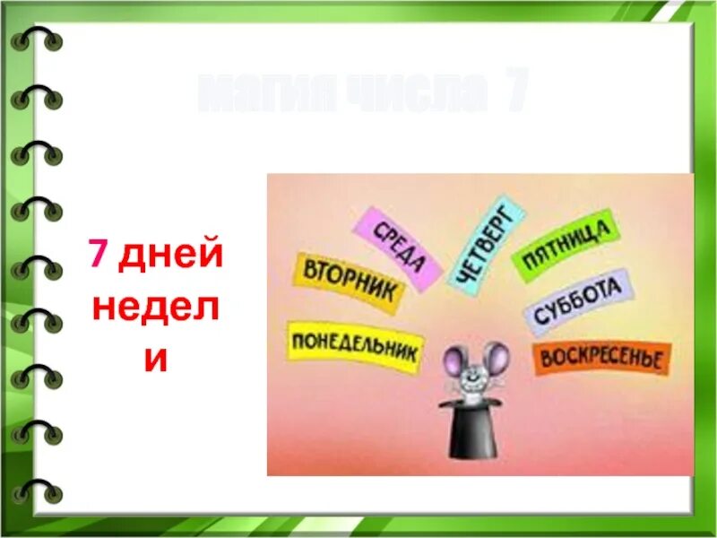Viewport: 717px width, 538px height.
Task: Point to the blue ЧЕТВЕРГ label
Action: [485, 243]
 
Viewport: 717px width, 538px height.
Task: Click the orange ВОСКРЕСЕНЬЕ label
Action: [601, 358]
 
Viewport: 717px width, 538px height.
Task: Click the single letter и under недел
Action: [156, 359]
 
